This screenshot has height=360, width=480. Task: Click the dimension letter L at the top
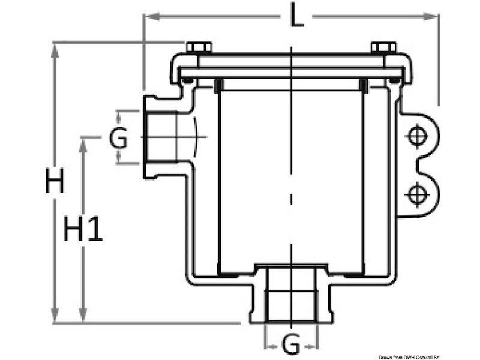pyautogui.click(x=296, y=17)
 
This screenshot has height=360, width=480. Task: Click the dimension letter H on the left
pyautogui.click(x=55, y=181)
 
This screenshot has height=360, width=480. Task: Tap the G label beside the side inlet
pyautogui.click(x=118, y=139)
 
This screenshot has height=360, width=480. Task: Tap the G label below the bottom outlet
pyautogui.click(x=290, y=344)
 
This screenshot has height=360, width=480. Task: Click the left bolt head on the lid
pyautogui.click(x=198, y=47)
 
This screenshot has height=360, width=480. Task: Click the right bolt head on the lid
pyautogui.click(x=383, y=47)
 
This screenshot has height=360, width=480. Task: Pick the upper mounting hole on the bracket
pyautogui.click(x=415, y=137)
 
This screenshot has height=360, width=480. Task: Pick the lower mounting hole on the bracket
pyautogui.click(x=415, y=194)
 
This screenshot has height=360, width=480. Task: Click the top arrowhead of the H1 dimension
pyautogui.click(x=83, y=142)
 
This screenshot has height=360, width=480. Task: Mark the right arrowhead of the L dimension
pyautogui.click(x=434, y=17)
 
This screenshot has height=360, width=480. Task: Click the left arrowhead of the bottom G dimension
pyautogui.click(x=269, y=345)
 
